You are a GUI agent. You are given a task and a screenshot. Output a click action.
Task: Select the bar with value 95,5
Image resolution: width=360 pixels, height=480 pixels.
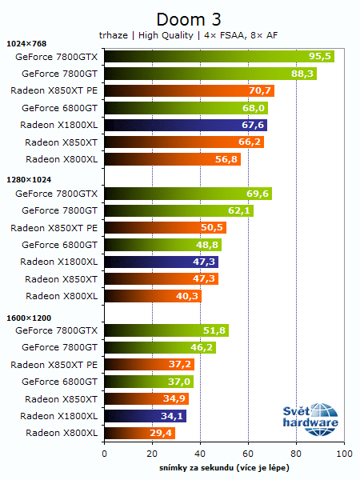218,57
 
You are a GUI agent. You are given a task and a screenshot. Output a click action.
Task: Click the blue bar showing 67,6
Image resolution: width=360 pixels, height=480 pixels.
185,125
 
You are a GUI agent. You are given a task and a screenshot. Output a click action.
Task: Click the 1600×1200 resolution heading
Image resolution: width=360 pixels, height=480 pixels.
29,318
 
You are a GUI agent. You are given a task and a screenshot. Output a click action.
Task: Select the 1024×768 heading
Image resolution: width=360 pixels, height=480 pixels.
26,43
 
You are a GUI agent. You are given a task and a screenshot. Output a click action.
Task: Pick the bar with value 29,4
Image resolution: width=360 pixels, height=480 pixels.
139,433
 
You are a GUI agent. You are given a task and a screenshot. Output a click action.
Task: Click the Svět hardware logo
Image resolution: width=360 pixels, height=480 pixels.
310,418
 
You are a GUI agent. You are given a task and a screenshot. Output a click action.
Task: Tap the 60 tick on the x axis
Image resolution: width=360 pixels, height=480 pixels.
248,454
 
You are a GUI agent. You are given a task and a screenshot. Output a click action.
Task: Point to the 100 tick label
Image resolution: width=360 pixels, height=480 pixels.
343,454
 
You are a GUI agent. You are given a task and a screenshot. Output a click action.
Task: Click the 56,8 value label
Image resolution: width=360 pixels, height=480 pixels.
226,159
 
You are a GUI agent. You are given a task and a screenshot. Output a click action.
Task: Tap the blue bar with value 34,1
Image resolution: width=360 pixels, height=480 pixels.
145,416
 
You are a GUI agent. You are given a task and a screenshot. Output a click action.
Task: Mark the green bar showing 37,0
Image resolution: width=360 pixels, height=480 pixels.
148,382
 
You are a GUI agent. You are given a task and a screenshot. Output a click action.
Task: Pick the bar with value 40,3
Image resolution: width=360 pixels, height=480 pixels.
152,296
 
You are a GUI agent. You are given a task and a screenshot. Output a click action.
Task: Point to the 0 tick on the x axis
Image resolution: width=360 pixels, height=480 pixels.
104,454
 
